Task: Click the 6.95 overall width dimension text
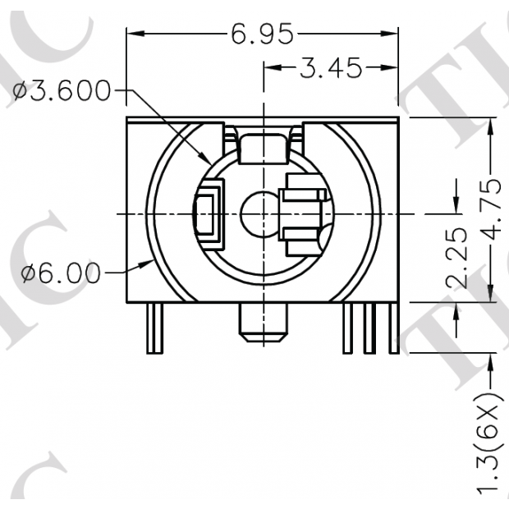click(262, 34)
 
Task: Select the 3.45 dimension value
click(330, 69)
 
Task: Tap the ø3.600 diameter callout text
click(62, 91)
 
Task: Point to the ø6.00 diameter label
click(62, 273)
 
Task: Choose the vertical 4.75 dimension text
click(492, 210)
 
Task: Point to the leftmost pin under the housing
click(154, 328)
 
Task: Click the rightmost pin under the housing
click(394, 328)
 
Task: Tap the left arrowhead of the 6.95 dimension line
click(133, 34)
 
